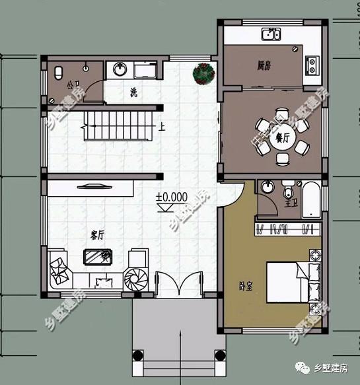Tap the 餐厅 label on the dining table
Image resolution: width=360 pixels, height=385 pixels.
click(283, 138)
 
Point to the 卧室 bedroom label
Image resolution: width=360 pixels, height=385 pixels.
click(247, 285)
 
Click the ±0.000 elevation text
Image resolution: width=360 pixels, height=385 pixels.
click(172, 197)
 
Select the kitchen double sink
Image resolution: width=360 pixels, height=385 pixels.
click(271, 35)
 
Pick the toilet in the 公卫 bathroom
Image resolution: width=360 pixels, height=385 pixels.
click(57, 71)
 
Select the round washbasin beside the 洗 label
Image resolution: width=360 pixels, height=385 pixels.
click(120, 68)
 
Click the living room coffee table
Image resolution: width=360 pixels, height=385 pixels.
click(98, 256)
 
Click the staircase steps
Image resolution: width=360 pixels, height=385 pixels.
click(120, 125)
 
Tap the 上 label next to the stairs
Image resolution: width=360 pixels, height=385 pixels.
click(161, 125)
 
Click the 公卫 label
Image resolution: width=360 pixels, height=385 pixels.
click(72, 85)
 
